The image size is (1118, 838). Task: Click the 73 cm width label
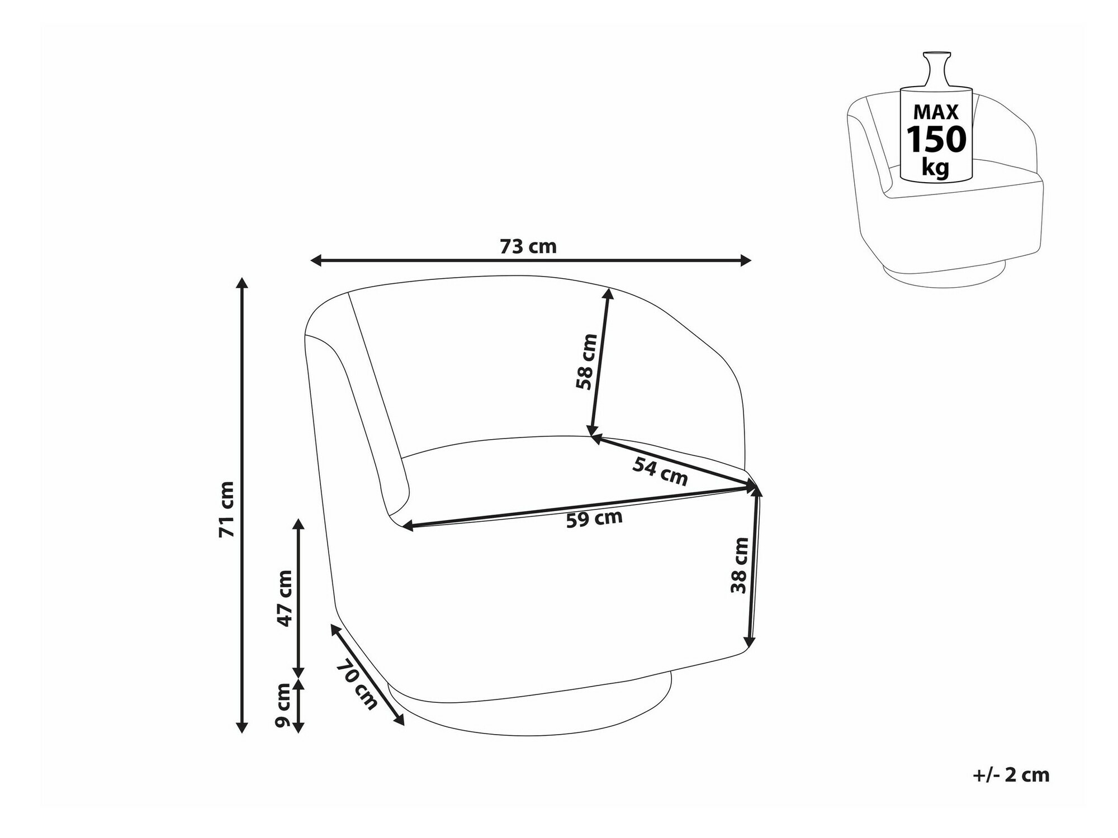tap(528, 246)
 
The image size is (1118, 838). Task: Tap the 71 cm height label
tap(226, 509)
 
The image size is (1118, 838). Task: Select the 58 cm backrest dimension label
tap(586, 361)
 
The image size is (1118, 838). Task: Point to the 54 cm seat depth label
tap(660, 471)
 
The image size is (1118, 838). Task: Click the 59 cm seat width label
tap(594, 518)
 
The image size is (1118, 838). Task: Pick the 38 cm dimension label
tap(739, 565)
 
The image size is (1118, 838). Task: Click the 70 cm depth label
tap(357, 685)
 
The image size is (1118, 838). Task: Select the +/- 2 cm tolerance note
tap(1011, 775)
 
